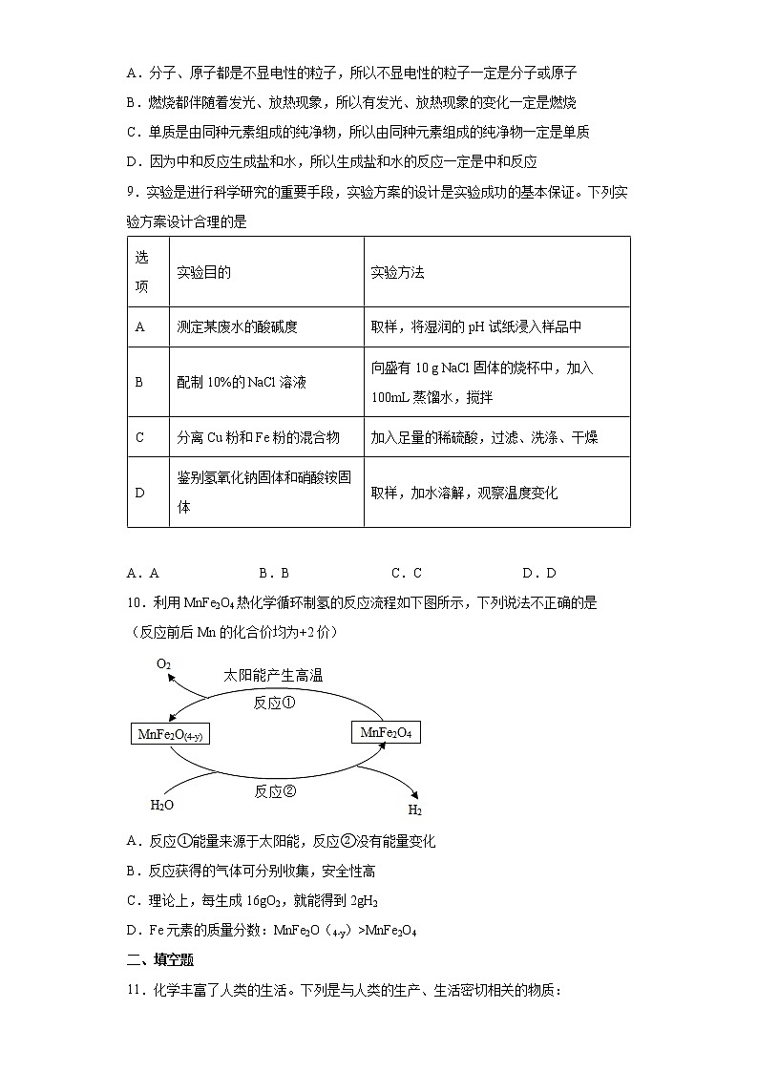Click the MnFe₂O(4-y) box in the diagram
coord(172,734)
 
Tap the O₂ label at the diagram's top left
coord(163,663)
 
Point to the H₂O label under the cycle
coord(162,805)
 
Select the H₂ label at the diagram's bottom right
coord(415,810)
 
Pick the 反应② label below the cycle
coord(275,791)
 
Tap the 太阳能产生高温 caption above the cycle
coord(273,675)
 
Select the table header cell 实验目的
coord(204,272)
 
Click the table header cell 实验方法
coord(397,272)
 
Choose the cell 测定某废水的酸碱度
coord(238,326)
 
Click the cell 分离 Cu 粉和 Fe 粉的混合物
coord(259,437)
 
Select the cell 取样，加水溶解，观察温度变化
coord(464,493)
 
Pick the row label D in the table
coord(140,493)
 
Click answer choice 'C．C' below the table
coord(407,573)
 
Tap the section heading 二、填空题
coord(160,960)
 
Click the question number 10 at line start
coord(134,601)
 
